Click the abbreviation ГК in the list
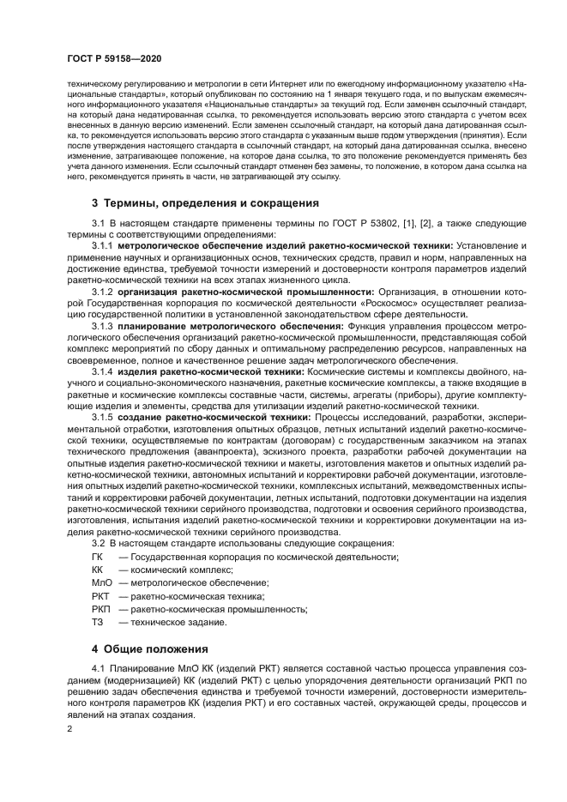97,558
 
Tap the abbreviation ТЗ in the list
97,622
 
